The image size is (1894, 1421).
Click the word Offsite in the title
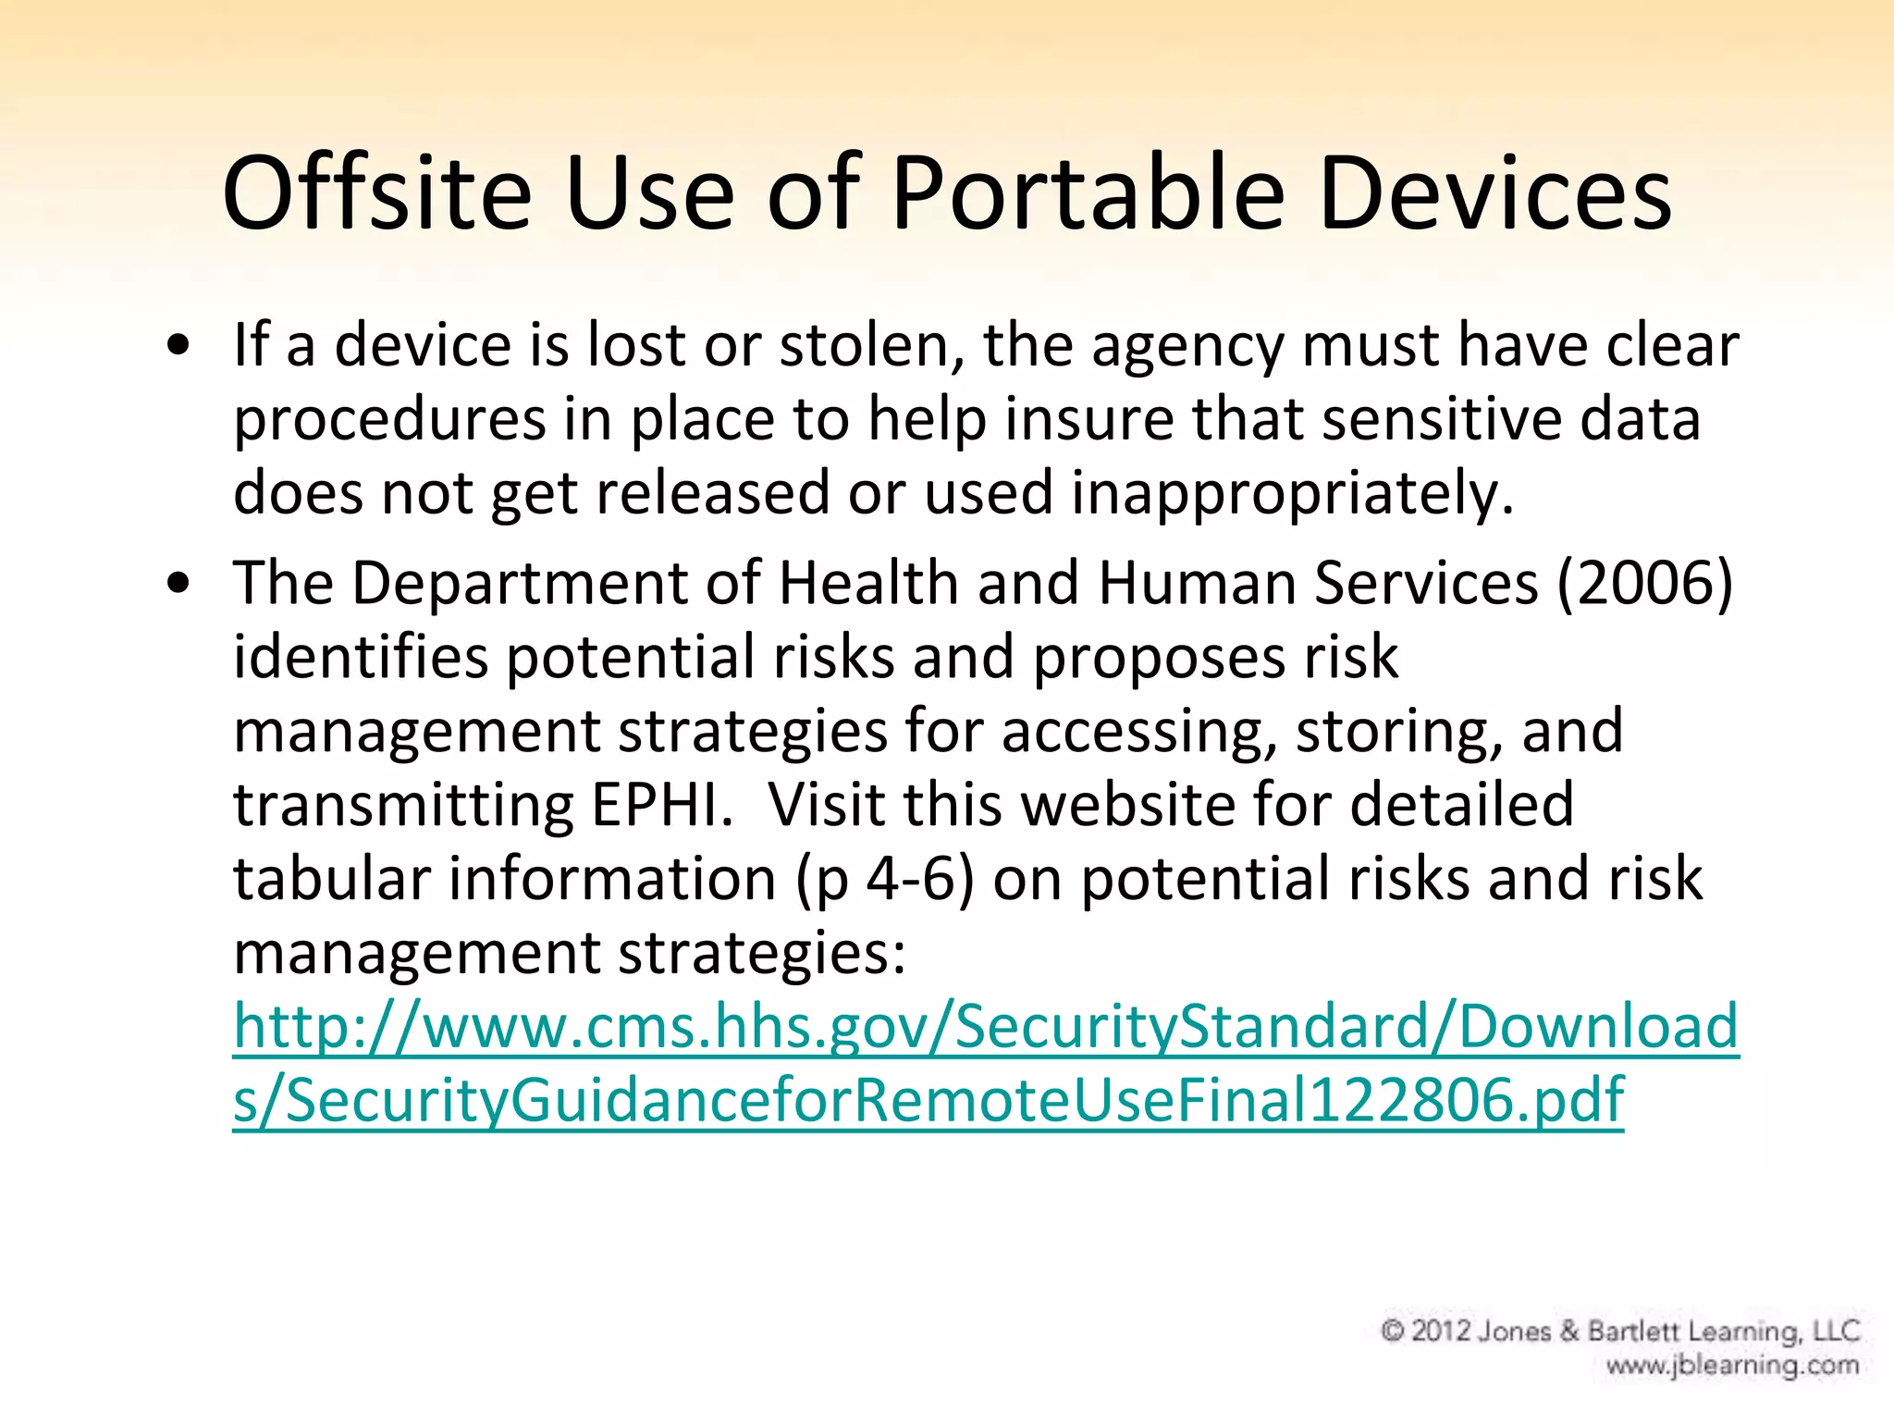(x=377, y=194)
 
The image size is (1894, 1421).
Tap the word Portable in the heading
(x=1088, y=194)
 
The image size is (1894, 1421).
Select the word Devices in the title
(x=1495, y=194)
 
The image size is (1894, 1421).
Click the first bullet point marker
(x=179, y=346)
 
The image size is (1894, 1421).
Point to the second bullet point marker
(x=179, y=584)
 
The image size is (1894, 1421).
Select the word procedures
(x=389, y=420)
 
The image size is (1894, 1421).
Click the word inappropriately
(x=1292, y=494)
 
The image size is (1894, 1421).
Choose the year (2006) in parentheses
(x=1645, y=584)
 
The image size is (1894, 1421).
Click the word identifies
(x=361, y=658)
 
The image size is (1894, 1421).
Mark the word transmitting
(x=403, y=805)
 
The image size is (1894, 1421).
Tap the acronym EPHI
(x=662, y=804)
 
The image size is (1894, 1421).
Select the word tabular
(x=332, y=878)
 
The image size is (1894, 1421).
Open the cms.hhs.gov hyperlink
(x=986, y=1027)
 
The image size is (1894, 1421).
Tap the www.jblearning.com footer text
(x=1732, y=1365)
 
